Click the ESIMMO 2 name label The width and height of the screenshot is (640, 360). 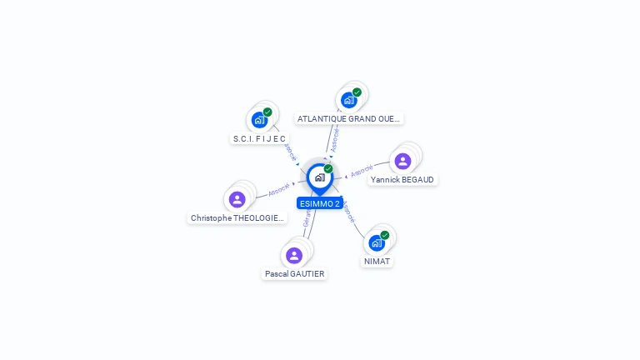[x=319, y=203]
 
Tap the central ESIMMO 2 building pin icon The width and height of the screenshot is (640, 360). [x=319, y=177]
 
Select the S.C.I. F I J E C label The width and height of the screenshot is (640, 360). [x=259, y=138]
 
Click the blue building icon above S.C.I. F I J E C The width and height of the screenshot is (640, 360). [x=259, y=120]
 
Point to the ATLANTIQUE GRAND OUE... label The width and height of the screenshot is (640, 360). [x=349, y=118]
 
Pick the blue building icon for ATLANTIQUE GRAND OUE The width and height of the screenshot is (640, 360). [x=349, y=100]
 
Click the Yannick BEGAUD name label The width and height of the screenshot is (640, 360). [x=402, y=179]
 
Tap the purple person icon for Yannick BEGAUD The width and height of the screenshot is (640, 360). [x=402, y=161]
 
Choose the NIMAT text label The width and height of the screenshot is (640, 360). [x=377, y=261]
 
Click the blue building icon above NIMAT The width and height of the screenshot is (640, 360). [x=377, y=242]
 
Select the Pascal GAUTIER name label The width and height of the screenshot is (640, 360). [x=294, y=273]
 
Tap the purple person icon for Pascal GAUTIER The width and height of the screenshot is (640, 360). [x=293, y=255]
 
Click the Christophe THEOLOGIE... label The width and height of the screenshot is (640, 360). [x=237, y=217]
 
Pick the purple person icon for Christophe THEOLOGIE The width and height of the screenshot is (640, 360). [x=237, y=199]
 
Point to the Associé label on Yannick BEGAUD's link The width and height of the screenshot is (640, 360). [x=362, y=171]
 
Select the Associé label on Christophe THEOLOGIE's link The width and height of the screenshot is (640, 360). [x=278, y=189]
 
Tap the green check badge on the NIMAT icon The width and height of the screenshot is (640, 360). [x=384, y=235]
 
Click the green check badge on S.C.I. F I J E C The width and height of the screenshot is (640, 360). [x=267, y=112]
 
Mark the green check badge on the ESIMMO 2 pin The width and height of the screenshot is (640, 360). [x=328, y=168]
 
